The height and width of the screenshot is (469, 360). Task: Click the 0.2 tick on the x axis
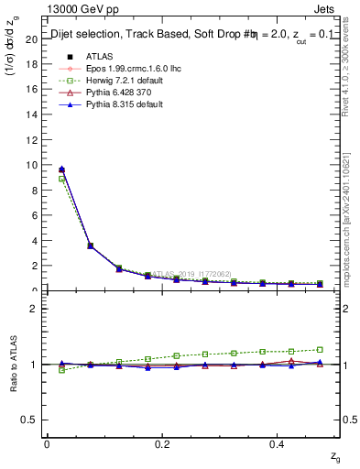click(x=162, y=443)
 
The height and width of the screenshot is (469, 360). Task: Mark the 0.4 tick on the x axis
click(x=277, y=443)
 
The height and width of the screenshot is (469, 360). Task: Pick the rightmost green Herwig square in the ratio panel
click(x=320, y=349)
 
